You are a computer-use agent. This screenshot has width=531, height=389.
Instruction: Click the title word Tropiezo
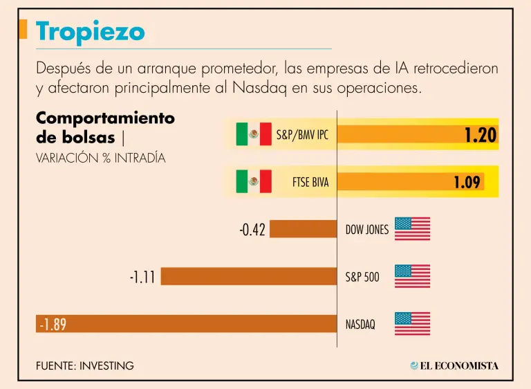point(91,31)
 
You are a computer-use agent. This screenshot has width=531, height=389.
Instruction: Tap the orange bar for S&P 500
point(249,277)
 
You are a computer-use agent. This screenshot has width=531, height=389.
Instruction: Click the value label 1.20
point(481,135)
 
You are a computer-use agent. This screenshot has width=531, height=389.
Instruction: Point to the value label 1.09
point(467,182)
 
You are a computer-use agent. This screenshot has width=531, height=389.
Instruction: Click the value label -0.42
point(252,230)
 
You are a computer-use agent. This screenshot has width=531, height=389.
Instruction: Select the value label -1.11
point(142,278)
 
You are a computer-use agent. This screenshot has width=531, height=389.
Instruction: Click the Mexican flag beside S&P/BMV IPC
point(253,134)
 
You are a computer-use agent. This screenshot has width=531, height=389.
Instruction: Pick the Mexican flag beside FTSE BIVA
point(253,183)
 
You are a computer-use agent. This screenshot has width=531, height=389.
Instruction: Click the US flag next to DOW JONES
point(412,229)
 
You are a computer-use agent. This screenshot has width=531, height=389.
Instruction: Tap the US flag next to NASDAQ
point(412,323)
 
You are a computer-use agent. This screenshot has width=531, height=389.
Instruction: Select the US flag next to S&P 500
point(412,276)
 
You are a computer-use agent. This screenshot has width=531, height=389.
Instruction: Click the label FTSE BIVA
point(310,183)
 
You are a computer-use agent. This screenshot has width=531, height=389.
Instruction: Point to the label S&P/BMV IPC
point(302,135)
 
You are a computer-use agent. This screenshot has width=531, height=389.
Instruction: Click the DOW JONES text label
point(366,230)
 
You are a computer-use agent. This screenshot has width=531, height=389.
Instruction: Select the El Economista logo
point(454,365)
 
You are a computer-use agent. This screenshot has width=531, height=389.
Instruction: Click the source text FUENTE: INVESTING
point(85,365)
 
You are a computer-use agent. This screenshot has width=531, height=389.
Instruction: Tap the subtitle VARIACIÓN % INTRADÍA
point(101,158)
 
